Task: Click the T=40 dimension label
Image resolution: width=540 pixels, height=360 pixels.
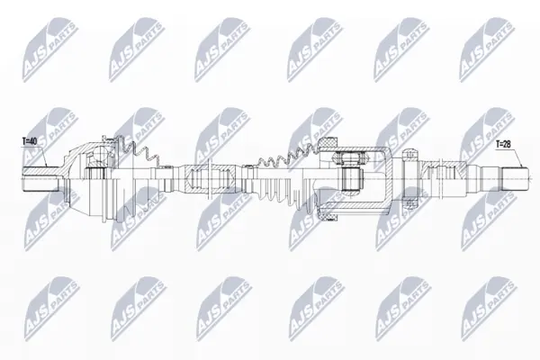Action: tap(30, 141)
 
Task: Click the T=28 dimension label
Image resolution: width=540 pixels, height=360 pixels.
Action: tap(503, 144)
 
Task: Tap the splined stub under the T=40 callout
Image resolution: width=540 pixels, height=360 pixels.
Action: tap(40, 179)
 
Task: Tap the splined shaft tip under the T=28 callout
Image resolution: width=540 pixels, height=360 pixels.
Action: tap(515, 178)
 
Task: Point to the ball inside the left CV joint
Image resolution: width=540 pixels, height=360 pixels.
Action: tap(101, 154)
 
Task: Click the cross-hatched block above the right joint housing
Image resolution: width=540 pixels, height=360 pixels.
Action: tap(328, 142)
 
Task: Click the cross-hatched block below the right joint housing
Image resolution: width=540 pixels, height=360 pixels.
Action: tap(328, 216)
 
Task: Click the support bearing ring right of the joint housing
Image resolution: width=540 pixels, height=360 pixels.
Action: tap(409, 179)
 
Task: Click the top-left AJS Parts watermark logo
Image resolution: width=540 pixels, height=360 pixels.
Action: tap(50, 49)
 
